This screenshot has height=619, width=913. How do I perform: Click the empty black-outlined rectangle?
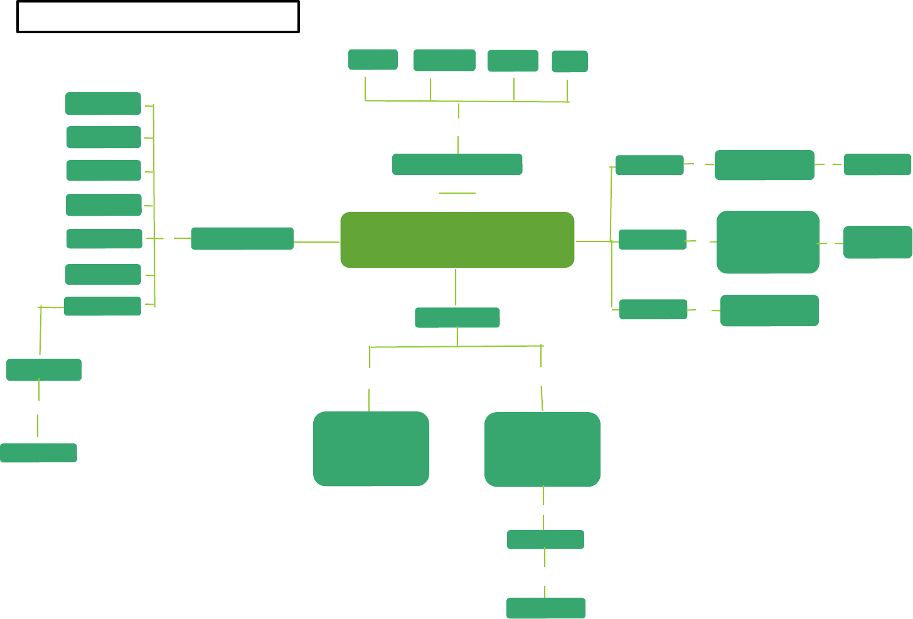coord(158,17)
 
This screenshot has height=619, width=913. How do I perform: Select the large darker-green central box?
coord(457,240)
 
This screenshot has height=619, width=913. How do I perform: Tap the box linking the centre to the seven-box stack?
coord(242,238)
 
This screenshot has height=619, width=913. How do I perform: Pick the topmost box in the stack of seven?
coord(103,103)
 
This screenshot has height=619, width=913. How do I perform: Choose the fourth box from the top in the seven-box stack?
coord(104,204)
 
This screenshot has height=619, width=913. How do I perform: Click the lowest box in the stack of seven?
coord(102,306)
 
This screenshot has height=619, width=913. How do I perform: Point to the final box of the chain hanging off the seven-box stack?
coord(38,453)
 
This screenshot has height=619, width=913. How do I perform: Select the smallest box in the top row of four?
coord(570,61)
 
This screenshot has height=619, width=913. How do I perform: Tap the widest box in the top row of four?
coord(444,60)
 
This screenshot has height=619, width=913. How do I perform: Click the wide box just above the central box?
coord(457,164)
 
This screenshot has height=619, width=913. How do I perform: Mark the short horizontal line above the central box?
coord(457,193)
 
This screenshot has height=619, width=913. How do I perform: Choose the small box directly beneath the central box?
coord(457,317)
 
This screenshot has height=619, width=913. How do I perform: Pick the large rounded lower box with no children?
coord(371,448)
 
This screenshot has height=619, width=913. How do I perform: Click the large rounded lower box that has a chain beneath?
coord(542,449)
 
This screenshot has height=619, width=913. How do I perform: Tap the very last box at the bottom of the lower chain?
coord(546,608)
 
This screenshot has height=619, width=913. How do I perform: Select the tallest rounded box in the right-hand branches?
coord(768,242)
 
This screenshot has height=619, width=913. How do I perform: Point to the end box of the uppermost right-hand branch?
coord(877,164)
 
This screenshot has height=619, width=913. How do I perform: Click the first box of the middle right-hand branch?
coord(653,240)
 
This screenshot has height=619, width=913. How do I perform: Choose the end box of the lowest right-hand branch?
coord(769,310)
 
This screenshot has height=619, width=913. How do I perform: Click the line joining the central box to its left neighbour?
coord(317,241)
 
